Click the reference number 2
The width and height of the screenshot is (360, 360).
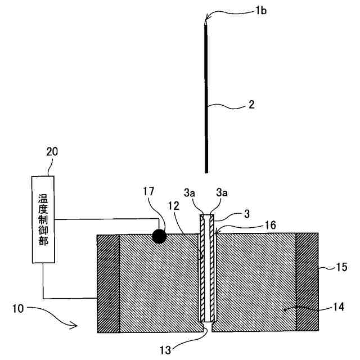251,105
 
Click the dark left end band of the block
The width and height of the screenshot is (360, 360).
108,284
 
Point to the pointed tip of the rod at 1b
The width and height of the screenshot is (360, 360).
206,21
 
